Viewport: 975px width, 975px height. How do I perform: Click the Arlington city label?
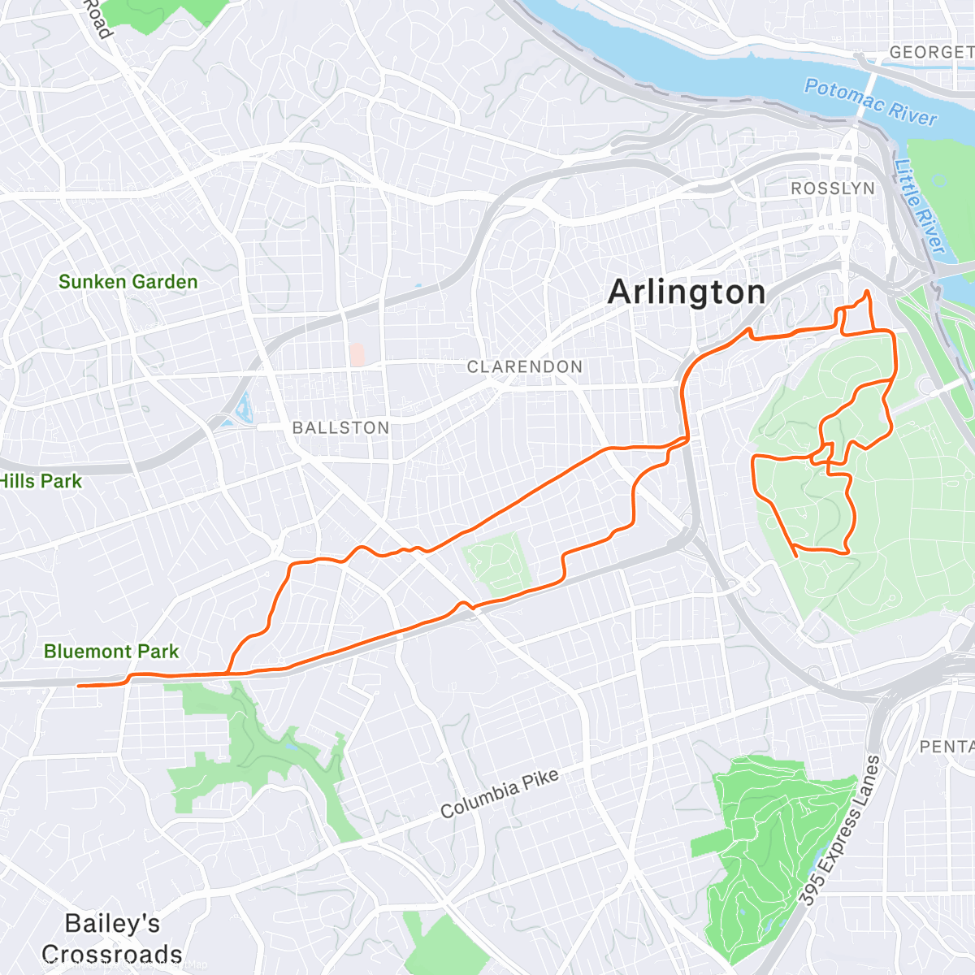point(687,292)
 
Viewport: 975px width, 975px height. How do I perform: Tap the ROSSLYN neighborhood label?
point(833,188)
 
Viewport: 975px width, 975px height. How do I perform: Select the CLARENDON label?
point(524,367)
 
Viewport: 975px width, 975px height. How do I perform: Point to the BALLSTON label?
point(340,427)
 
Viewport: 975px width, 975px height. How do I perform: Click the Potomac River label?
point(870,102)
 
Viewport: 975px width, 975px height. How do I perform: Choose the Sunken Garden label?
point(128,282)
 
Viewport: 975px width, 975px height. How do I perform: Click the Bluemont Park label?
point(111,652)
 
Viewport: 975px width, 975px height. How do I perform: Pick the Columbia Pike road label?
point(500,793)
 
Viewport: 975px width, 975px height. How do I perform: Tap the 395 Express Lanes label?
point(839,830)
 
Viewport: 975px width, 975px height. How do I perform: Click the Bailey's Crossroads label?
point(112,938)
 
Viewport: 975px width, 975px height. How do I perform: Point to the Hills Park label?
point(41,481)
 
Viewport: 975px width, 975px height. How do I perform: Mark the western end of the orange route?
point(78,686)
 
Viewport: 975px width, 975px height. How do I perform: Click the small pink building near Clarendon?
point(357,354)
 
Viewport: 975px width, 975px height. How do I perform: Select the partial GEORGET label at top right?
point(931,52)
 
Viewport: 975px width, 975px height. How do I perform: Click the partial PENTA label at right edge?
point(947,746)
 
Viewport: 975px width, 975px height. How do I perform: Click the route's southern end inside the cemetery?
point(794,556)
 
